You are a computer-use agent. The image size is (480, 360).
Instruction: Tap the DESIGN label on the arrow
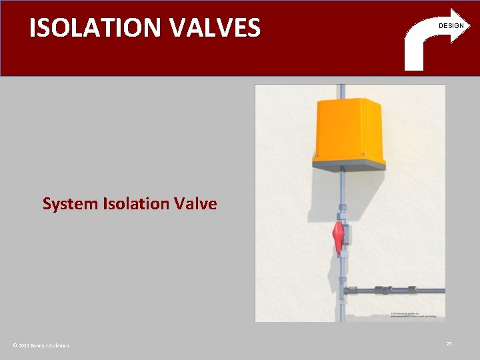click(451, 26)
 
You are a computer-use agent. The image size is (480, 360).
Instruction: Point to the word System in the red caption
click(71, 204)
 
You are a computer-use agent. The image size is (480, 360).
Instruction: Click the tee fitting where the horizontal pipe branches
click(342, 291)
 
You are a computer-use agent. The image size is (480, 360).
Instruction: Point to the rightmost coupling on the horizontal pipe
click(411, 291)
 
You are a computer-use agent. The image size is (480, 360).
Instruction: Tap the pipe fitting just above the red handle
click(341, 215)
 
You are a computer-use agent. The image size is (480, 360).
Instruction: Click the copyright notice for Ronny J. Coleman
click(41, 345)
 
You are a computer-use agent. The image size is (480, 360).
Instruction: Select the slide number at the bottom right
click(449, 343)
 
